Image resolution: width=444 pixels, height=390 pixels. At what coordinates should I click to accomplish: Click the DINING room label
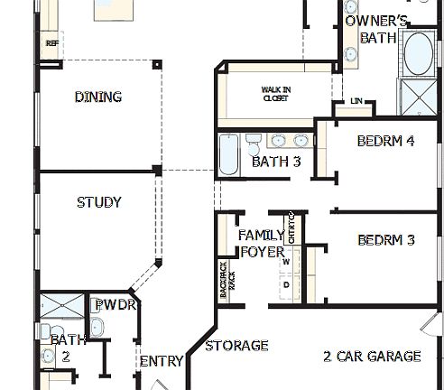(98, 97)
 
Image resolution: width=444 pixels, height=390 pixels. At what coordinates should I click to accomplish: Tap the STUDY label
(98, 202)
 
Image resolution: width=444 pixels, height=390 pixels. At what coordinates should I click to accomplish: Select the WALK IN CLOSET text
(275, 94)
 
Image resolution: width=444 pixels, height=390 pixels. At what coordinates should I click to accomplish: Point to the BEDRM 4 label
(385, 141)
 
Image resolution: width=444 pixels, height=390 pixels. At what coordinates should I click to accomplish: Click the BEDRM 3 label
(385, 240)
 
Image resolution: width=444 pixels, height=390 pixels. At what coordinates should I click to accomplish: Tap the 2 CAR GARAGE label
(372, 356)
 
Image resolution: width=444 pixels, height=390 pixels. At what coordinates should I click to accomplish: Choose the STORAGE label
(236, 345)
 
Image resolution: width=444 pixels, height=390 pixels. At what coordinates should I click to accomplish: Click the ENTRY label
(162, 361)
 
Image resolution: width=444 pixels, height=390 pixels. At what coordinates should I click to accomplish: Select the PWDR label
(116, 305)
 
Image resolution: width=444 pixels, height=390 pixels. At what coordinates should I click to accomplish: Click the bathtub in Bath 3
(229, 154)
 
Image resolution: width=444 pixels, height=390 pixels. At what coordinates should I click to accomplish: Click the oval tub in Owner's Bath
(417, 55)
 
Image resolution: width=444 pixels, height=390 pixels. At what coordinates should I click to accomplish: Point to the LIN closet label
(356, 101)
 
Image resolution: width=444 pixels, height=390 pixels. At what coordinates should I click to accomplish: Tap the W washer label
(286, 262)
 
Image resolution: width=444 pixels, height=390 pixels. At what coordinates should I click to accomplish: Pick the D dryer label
(286, 284)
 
